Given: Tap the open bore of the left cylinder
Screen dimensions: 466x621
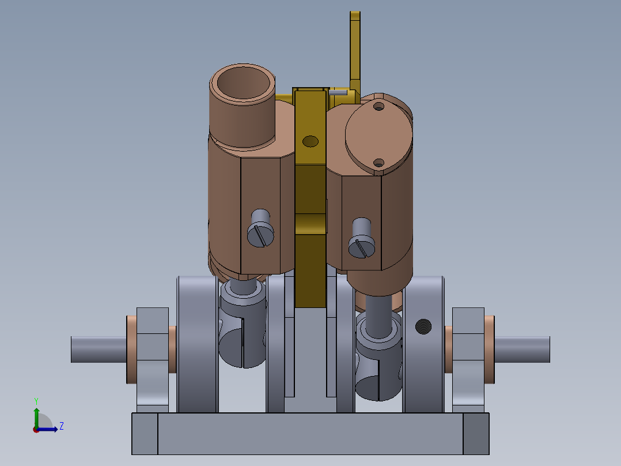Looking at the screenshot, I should click(x=242, y=84).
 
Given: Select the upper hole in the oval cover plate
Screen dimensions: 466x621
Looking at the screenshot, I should click(x=378, y=107).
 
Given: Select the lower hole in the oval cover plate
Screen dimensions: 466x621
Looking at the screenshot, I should click(x=378, y=163).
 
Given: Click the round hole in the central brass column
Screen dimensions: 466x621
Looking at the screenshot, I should click(x=310, y=141).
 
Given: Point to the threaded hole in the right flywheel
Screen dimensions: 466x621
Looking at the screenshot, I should click(x=423, y=327).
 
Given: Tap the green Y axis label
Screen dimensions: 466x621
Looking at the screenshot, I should click(x=36, y=400).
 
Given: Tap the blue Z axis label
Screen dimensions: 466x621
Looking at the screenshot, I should click(x=61, y=426).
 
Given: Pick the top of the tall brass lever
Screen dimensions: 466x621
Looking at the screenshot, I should click(x=355, y=17).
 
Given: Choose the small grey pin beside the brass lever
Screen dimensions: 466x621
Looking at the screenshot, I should click(x=338, y=91).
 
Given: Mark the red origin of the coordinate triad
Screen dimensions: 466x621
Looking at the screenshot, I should click(x=36, y=429).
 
